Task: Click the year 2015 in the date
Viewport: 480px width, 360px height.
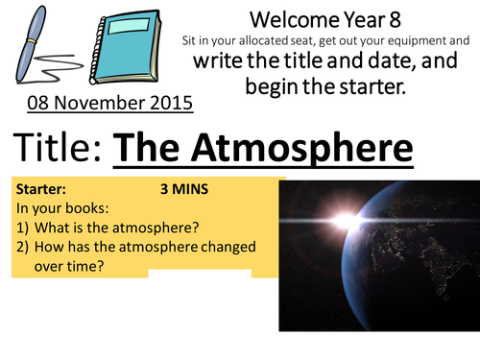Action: (171, 101)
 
